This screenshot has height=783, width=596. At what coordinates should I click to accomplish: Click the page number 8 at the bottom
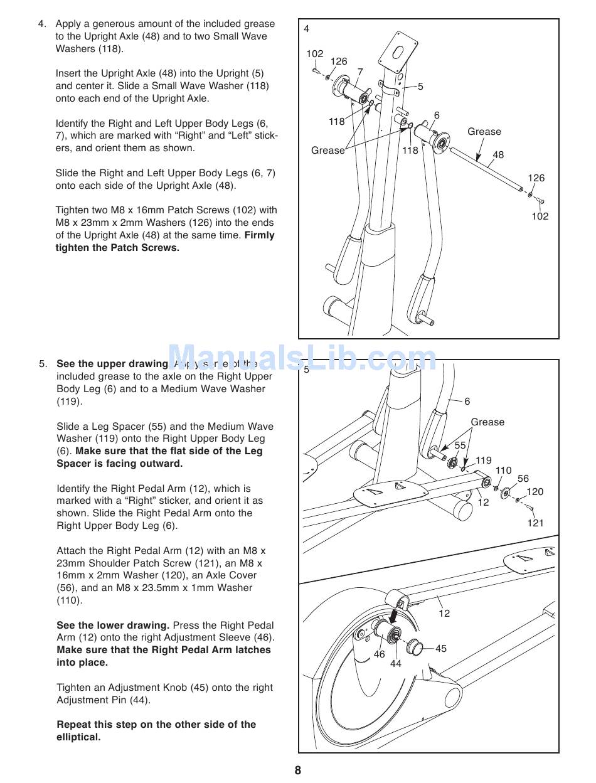tap(298, 770)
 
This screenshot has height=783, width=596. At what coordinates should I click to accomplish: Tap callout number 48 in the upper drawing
tap(498, 155)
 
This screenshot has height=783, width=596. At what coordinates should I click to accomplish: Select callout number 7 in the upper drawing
tap(360, 72)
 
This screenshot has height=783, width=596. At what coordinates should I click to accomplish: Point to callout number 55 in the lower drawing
tap(460, 445)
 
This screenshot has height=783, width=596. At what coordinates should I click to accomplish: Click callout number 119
tap(484, 461)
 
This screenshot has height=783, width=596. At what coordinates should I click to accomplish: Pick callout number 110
tap(503, 471)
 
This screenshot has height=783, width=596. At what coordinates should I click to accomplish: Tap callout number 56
tap(523, 479)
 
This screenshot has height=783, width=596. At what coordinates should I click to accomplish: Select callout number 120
tap(535, 492)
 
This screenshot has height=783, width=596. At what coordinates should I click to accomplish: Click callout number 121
tap(535, 523)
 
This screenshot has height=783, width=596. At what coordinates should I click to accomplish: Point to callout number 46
tap(380, 654)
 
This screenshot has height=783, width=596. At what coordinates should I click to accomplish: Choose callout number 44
tap(395, 663)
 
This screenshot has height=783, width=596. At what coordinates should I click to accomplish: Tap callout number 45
tap(441, 648)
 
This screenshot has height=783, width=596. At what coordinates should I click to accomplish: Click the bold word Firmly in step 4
tap(259, 235)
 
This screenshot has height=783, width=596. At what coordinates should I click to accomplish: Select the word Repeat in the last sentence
tap(73, 725)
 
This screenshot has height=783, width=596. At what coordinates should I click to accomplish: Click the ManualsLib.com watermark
tap(302, 360)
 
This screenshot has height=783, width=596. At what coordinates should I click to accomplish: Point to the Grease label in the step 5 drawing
tap(487, 422)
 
